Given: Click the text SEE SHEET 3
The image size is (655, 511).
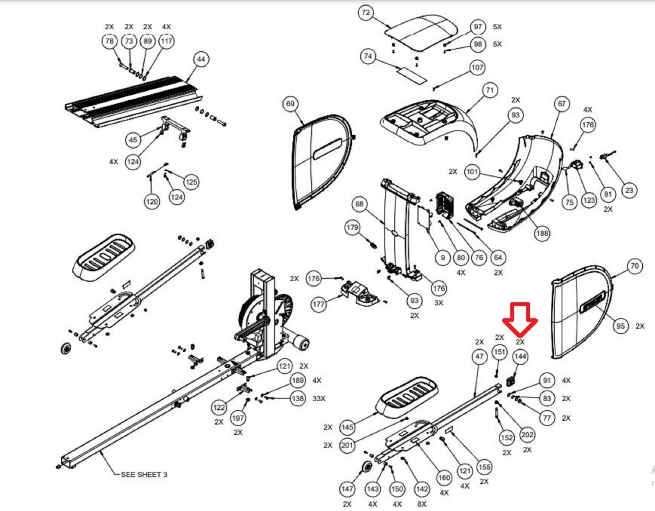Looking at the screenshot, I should (144, 475).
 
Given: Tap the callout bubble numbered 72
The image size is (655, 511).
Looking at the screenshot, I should (366, 13).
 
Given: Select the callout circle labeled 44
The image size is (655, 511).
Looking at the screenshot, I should (201, 59).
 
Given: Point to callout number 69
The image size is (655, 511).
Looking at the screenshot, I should (290, 104).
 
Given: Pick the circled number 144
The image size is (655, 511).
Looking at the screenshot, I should (520, 357).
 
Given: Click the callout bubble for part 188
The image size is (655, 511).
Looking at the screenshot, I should (542, 233).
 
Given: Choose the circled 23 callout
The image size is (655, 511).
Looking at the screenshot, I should (629, 190).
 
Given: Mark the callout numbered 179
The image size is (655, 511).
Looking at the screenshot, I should (352, 228).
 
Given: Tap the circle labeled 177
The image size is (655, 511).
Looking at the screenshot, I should (318, 304).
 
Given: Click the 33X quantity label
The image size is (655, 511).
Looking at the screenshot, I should (319, 398).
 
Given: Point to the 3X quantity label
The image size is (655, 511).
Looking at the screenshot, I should (438, 303).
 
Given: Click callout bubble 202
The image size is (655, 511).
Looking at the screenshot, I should (527, 434).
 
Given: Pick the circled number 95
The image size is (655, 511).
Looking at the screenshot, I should (621, 326).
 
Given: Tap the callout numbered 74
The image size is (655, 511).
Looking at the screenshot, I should (368, 57).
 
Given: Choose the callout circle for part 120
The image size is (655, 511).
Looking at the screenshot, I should (152, 201).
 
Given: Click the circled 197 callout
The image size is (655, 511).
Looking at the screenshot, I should (238, 418).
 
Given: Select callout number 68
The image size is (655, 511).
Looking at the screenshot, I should (359, 204).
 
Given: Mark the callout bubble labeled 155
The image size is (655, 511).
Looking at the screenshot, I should (484, 467).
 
